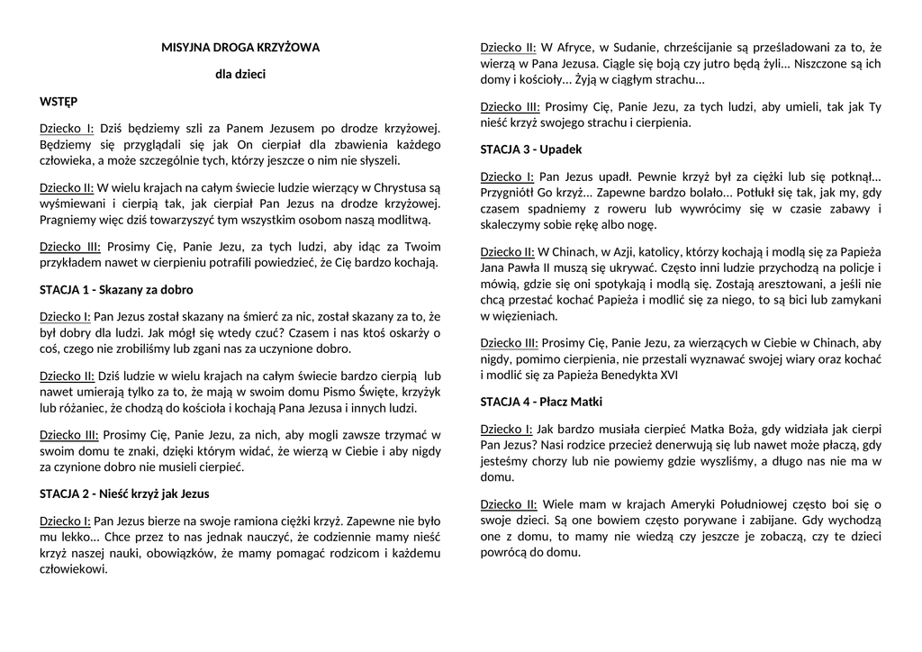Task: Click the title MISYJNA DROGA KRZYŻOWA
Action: coord(240,47)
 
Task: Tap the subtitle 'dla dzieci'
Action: coord(240,75)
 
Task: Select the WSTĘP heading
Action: coord(59,102)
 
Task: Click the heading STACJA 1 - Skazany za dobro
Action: coord(116,290)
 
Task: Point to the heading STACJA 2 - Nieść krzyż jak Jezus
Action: coord(125,494)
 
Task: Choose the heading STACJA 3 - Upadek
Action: coord(531,149)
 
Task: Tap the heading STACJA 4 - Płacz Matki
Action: coord(541,402)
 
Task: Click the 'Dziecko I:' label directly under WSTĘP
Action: coord(68,128)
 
